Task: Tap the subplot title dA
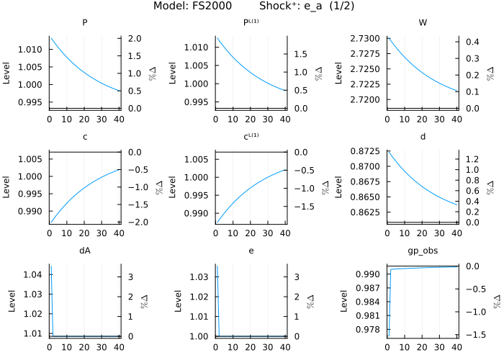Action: point(85,251)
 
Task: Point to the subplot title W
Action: point(423,22)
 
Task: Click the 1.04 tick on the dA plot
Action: point(37,276)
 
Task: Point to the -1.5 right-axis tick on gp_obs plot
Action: point(469,335)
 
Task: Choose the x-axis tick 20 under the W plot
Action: point(423,118)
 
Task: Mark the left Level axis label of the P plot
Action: point(7,71)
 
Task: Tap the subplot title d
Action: point(423,137)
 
